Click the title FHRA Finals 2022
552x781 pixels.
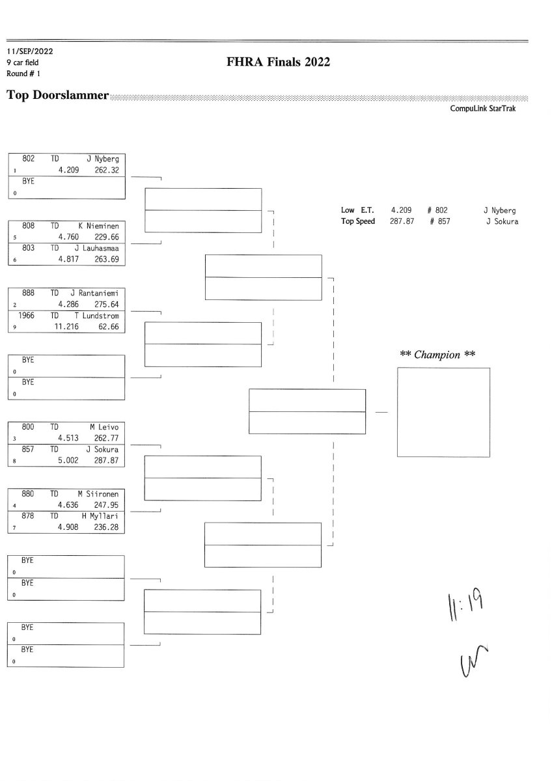point(278,62)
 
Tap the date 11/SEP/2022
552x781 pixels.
point(29,50)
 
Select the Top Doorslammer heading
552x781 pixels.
point(57,96)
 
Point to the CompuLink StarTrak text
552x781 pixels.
point(482,109)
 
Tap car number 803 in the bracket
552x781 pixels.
point(29,248)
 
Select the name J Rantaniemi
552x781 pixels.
point(98,293)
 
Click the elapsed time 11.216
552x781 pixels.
point(65,327)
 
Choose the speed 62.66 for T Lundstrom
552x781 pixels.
point(107,327)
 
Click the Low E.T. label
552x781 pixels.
point(357,210)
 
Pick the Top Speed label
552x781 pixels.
point(358,221)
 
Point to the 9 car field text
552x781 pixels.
point(23,62)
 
